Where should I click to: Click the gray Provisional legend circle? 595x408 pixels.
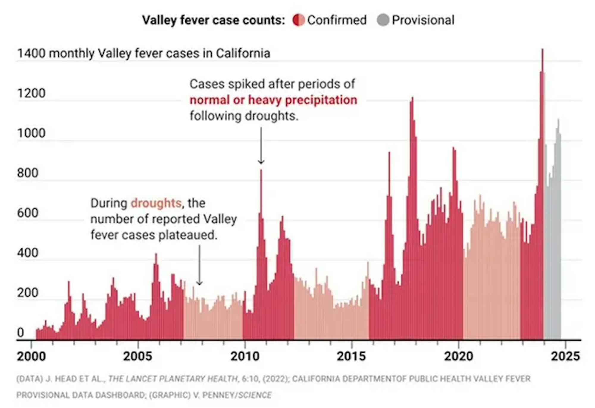coord(383,20)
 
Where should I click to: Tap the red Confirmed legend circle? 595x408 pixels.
coord(299,20)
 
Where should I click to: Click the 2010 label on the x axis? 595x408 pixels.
coord(245,356)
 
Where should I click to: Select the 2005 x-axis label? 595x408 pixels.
coord(138,356)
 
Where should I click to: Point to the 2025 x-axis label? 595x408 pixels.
coord(565,356)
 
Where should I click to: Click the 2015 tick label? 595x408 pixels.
coord(351,356)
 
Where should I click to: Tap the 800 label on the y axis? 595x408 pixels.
coord(28,173)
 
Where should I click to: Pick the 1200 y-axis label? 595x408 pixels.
coord(31,93)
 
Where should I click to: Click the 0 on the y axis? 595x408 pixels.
coord(20,332)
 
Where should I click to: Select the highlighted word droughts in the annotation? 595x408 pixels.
coord(156,203)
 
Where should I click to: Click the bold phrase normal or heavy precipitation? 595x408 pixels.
coord(273,100)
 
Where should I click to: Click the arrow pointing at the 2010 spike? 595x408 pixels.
coord(261,146)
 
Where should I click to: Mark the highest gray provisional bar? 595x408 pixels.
coord(558,120)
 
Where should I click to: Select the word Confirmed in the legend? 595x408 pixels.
coord(337,20)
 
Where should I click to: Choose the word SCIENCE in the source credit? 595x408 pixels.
coord(255,395)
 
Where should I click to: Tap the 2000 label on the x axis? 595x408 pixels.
coord(31,356)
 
